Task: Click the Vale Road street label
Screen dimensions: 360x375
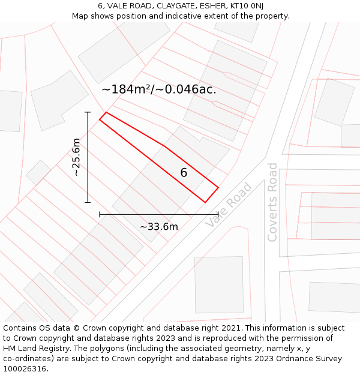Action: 229,205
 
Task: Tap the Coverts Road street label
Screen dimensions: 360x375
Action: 272,202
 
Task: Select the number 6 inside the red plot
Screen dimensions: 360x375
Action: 184,173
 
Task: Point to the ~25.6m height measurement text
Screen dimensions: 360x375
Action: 76,157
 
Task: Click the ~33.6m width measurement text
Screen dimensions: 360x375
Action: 159,226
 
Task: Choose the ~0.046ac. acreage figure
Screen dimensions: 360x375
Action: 187,89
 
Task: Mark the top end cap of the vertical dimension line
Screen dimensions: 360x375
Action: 88,112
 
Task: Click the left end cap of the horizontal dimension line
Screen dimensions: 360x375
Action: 100,214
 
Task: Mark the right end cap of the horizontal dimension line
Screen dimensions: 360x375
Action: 218,214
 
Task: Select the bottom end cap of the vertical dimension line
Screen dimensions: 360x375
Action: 88,203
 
